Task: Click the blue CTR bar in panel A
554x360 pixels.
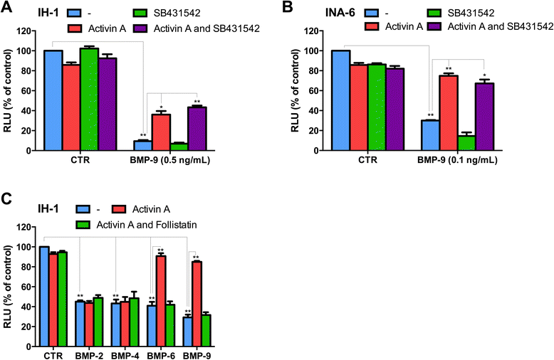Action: click(x=53, y=100)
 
